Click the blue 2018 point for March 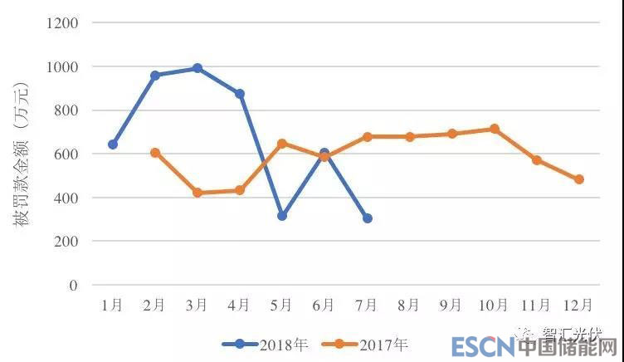click(x=197, y=68)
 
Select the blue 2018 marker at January click(x=113, y=144)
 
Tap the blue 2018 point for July click(x=368, y=218)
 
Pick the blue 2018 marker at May click(x=282, y=216)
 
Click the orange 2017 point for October click(x=495, y=129)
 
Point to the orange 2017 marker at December click(x=579, y=179)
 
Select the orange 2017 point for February click(x=155, y=153)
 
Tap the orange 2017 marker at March click(x=197, y=193)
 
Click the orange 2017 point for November click(x=537, y=160)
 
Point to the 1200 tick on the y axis click(x=62, y=23)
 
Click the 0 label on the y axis click(x=74, y=286)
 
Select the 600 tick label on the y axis click(x=66, y=154)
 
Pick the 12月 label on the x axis click(x=578, y=306)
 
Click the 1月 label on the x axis click(x=113, y=306)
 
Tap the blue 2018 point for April click(x=240, y=94)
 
